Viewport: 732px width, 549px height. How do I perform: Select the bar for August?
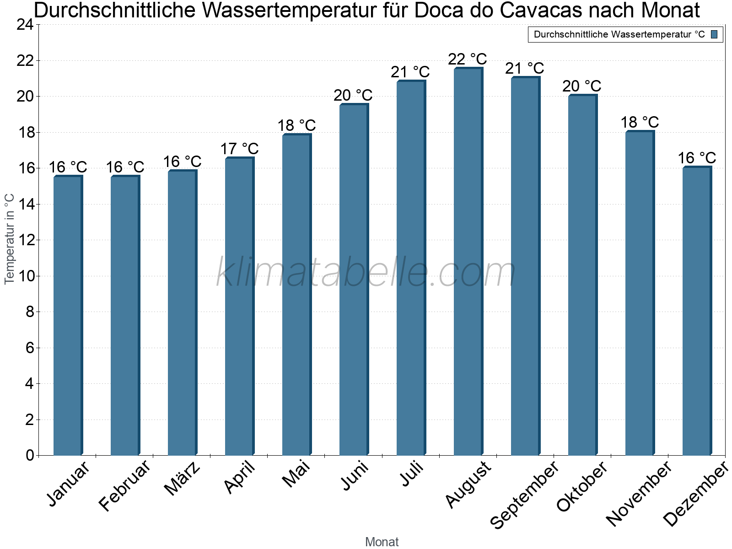click(x=468, y=262)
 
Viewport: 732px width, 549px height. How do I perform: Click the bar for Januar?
click(x=68, y=316)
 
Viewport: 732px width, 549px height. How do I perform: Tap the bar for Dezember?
click(x=697, y=311)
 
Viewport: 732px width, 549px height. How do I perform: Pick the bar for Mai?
click(x=296, y=295)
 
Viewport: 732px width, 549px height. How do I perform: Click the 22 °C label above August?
click(x=468, y=59)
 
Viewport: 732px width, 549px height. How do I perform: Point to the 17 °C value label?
click(x=239, y=149)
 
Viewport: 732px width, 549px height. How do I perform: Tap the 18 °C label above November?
click(x=640, y=123)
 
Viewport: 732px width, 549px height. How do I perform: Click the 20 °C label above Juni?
click(x=353, y=96)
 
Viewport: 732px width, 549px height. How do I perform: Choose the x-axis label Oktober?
click(x=582, y=487)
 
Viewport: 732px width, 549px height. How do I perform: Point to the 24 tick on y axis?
click(x=25, y=25)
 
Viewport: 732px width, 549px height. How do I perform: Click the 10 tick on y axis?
click(x=25, y=276)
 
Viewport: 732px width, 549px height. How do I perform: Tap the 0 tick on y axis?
click(x=30, y=455)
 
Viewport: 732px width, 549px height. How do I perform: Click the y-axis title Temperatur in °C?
click(x=10, y=239)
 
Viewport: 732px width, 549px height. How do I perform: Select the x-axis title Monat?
click(x=382, y=542)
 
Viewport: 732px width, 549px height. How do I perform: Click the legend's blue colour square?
click(x=715, y=34)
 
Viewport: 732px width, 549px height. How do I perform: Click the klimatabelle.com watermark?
click(x=366, y=273)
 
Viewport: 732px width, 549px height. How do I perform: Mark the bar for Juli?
click(x=411, y=268)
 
